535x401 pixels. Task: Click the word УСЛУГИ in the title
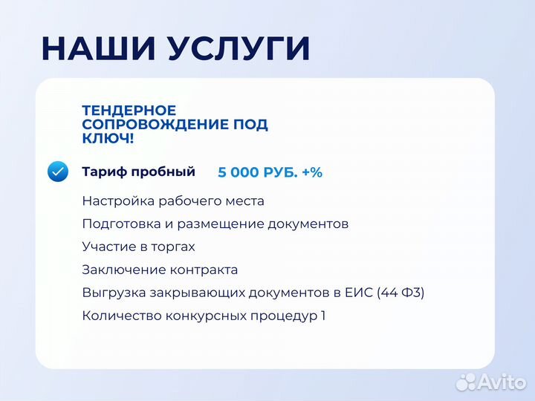(238, 49)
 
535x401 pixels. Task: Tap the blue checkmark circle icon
(58, 172)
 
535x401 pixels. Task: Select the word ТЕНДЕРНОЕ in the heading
(129, 111)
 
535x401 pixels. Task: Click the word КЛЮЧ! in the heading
(108, 139)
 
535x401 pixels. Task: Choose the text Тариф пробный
(138, 172)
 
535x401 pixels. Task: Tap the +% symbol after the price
(312, 172)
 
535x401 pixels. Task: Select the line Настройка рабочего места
(173, 201)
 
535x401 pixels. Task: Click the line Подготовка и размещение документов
(215, 224)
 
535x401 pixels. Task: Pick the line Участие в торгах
(138, 247)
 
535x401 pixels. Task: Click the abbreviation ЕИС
(360, 293)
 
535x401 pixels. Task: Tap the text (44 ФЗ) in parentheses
(401, 293)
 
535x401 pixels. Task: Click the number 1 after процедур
(322, 316)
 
